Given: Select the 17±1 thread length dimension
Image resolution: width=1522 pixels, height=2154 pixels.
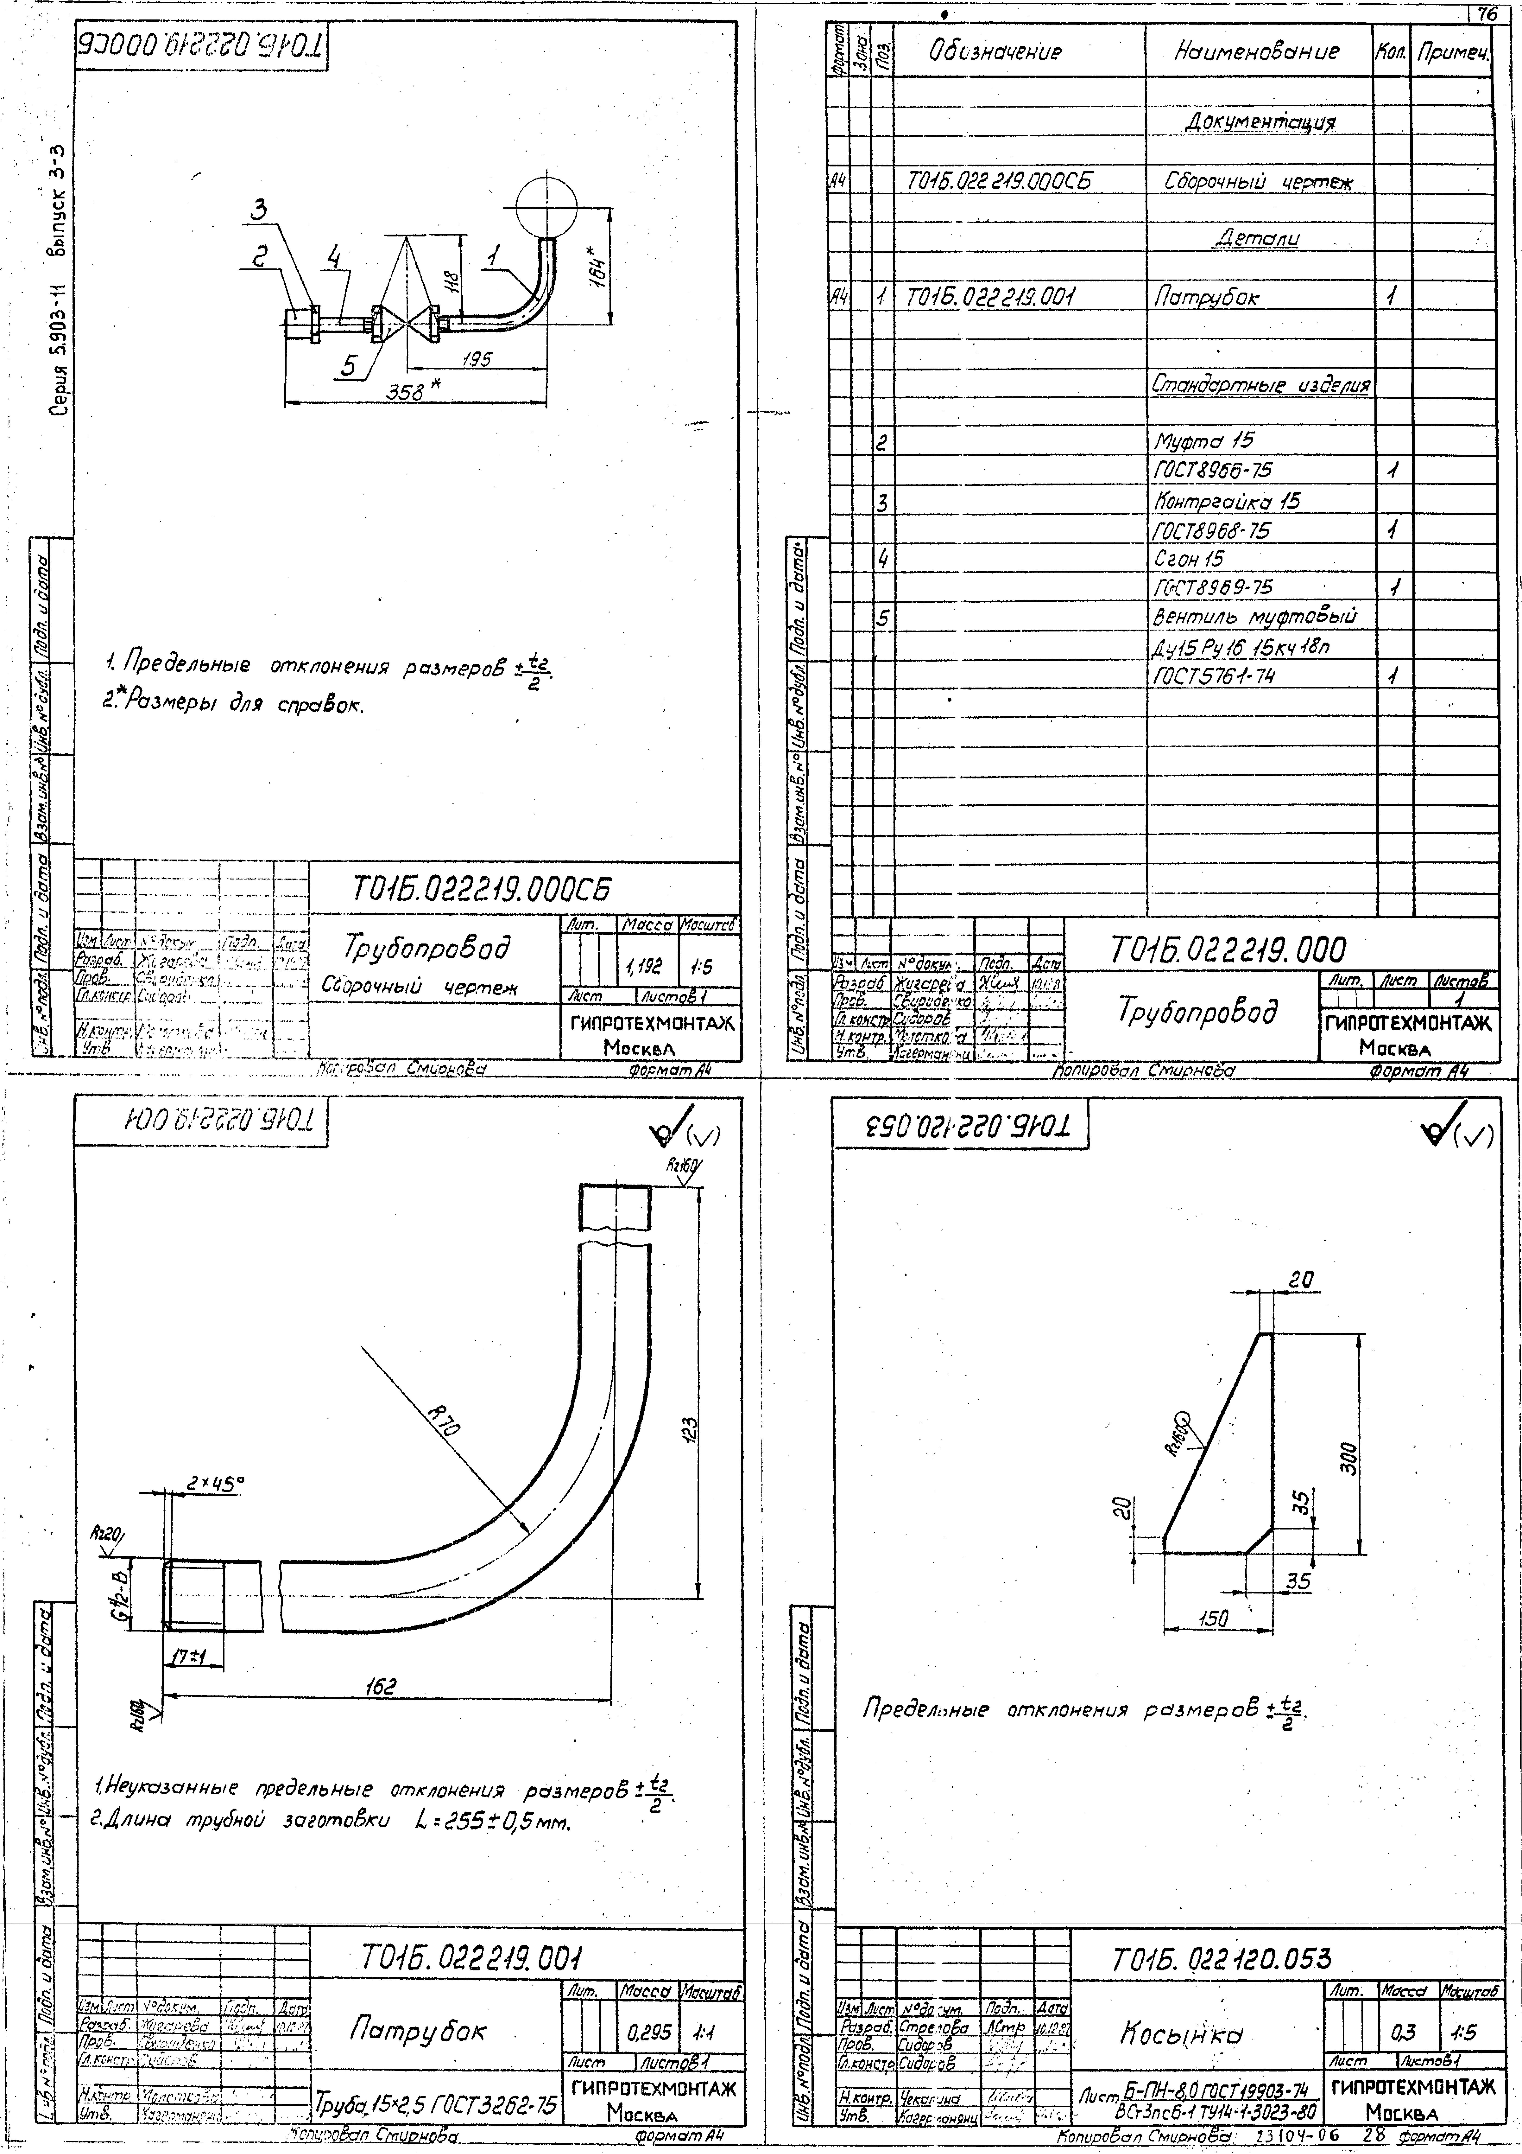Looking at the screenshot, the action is click(190, 1658).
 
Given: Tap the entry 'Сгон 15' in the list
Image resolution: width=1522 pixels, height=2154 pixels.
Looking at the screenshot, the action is click(1189, 559).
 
